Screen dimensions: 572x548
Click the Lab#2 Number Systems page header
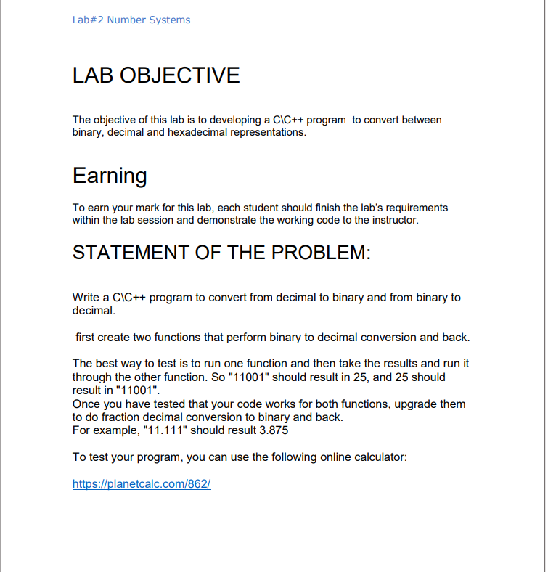[131, 20]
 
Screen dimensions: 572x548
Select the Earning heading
[110, 176]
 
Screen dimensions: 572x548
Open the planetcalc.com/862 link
[142, 484]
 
